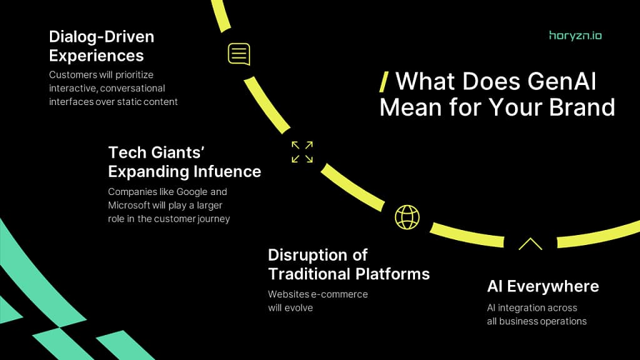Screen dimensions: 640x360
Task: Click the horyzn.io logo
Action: coord(575,36)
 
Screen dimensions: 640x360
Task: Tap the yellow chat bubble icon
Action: coord(239,54)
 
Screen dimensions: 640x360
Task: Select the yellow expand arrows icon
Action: coord(302,152)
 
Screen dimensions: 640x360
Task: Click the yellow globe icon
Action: coord(407,217)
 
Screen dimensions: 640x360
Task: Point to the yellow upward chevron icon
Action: coord(530,244)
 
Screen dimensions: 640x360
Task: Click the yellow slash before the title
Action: coord(384,82)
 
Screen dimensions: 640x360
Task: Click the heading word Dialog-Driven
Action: coord(102,37)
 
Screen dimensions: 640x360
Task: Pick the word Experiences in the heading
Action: coord(96,56)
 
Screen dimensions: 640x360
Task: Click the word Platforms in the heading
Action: coord(392,274)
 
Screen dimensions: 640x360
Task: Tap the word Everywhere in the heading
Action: coord(553,286)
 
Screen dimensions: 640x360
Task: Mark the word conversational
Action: coord(132,89)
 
